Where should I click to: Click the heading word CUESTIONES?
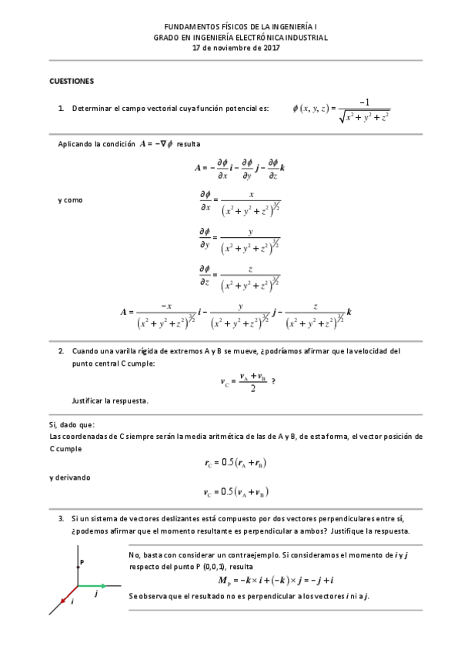72,80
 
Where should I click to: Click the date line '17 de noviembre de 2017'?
230,47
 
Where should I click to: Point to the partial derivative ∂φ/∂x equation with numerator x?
239,202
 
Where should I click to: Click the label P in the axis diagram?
82,563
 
